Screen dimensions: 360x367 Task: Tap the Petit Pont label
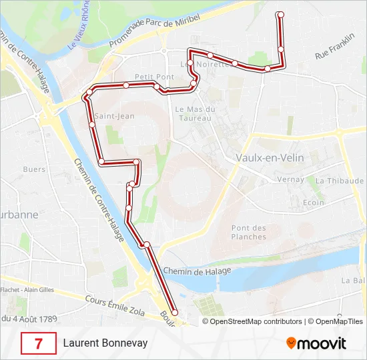154,77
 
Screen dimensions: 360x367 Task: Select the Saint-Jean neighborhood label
115,116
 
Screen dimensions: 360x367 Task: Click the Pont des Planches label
249,232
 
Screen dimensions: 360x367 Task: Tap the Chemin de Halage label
197,270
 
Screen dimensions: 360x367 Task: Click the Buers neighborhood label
34,169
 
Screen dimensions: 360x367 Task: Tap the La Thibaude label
339,181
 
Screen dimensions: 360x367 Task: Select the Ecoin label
313,203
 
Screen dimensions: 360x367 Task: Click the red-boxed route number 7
39,344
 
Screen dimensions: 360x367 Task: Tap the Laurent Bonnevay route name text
105,344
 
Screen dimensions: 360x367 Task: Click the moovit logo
316,343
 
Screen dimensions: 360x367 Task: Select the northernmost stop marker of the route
280,14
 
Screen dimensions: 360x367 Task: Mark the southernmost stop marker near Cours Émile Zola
175,312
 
